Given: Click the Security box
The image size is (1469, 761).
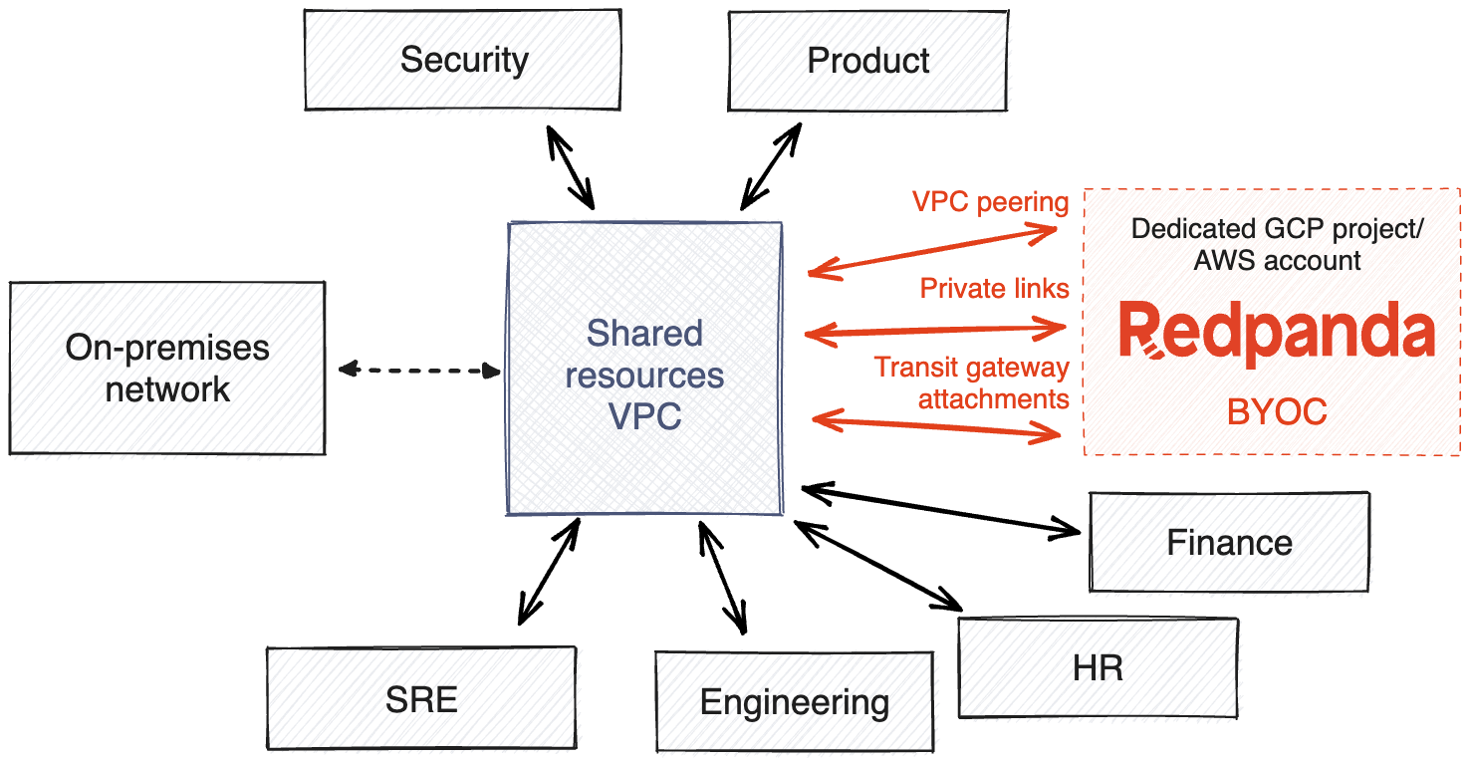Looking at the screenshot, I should click(462, 60).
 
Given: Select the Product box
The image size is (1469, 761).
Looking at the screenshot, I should click(867, 60).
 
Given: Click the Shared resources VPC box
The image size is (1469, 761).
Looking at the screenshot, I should click(644, 369).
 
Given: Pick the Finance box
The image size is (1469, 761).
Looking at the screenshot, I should click(1230, 543).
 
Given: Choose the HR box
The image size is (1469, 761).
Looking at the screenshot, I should click(1099, 668).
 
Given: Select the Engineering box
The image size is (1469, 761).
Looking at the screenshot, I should click(795, 701).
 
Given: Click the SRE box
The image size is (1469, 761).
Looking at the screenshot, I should click(423, 698).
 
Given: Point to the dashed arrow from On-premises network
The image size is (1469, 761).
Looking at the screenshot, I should click(419, 371).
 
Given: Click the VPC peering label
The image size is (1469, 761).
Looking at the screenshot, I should click(990, 202).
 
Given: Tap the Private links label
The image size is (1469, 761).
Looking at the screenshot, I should click(994, 289).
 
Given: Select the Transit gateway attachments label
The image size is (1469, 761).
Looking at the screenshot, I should click(972, 383).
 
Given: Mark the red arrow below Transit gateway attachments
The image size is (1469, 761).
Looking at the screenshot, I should click(936, 425).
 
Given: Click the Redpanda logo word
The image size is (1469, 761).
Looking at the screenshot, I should click(1276, 331).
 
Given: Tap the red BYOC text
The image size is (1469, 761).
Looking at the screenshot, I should click(1277, 411).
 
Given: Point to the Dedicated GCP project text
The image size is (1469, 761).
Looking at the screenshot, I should click(1276, 228).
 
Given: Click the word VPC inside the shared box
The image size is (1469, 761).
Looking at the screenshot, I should click(644, 415).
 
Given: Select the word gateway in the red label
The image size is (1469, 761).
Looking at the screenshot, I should click(1020, 369).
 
